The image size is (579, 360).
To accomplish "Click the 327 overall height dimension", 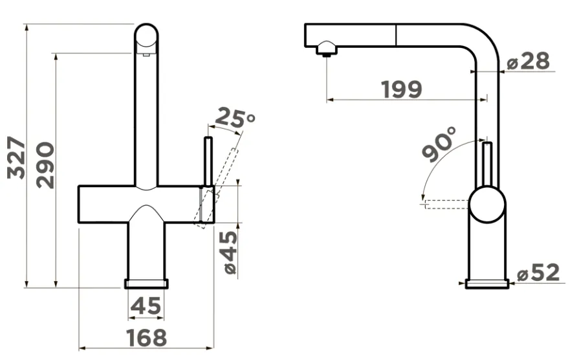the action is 16,158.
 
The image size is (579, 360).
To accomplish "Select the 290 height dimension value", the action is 46,165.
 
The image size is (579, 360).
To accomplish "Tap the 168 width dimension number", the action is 146,337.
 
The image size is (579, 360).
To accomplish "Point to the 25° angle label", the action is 235,118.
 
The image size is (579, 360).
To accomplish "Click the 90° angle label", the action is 439,144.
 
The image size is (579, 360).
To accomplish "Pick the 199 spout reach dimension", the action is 401,89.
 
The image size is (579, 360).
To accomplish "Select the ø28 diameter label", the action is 529,61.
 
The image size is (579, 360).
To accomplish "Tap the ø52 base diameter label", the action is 538,273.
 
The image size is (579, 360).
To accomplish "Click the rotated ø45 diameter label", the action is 230,253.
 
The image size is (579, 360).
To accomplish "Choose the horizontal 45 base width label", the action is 146,306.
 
